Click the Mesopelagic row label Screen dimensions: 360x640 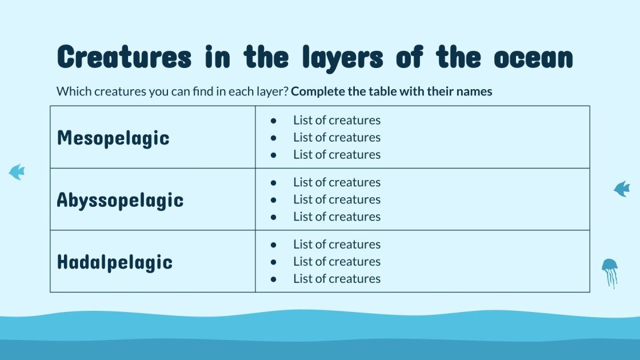point(113,138)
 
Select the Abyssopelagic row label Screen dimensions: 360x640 point(120,200)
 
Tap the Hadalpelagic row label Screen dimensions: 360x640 point(114,262)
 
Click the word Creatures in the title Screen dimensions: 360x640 point(124,58)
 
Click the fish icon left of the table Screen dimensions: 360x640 point(17,171)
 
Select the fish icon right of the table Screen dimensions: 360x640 point(622,189)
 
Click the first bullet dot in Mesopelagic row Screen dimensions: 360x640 point(273,121)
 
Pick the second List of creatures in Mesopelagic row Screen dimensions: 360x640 point(337,138)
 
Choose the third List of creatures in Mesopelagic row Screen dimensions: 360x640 point(337,155)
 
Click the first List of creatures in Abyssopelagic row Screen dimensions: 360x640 point(337,182)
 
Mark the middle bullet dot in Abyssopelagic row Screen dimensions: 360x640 point(273,200)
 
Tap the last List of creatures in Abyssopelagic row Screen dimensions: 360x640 point(337,217)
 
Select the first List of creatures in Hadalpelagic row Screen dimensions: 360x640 point(337,245)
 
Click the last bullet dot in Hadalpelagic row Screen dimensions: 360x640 point(273,279)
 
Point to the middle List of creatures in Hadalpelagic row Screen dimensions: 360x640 point(337,262)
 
